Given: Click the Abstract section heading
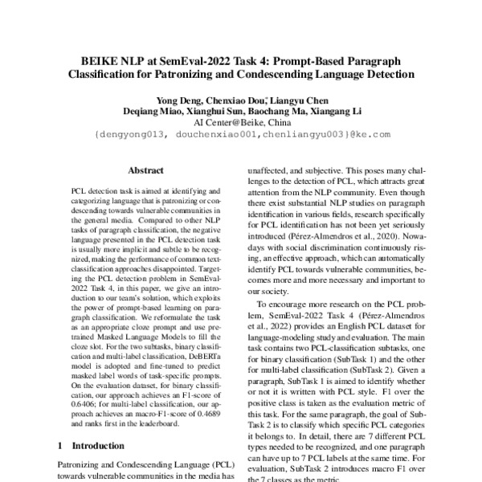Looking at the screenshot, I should (x=146, y=171).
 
